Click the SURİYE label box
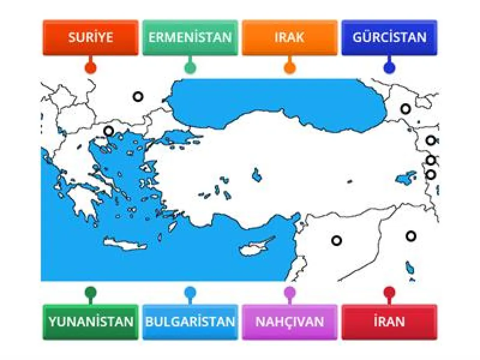click(91, 37)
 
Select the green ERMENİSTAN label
click(190, 37)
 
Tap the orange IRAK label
click(289, 37)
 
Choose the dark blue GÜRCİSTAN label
click(389, 37)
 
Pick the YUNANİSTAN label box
click(91, 322)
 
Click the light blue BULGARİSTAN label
click(190, 322)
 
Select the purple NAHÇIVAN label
click(289, 322)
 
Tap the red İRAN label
click(389, 322)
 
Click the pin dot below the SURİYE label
click(91, 67)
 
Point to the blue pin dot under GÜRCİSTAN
click(389, 67)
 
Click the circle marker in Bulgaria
click(138, 96)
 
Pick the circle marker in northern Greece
click(109, 131)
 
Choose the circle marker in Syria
click(337, 240)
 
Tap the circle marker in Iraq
click(411, 236)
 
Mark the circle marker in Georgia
click(406, 109)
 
